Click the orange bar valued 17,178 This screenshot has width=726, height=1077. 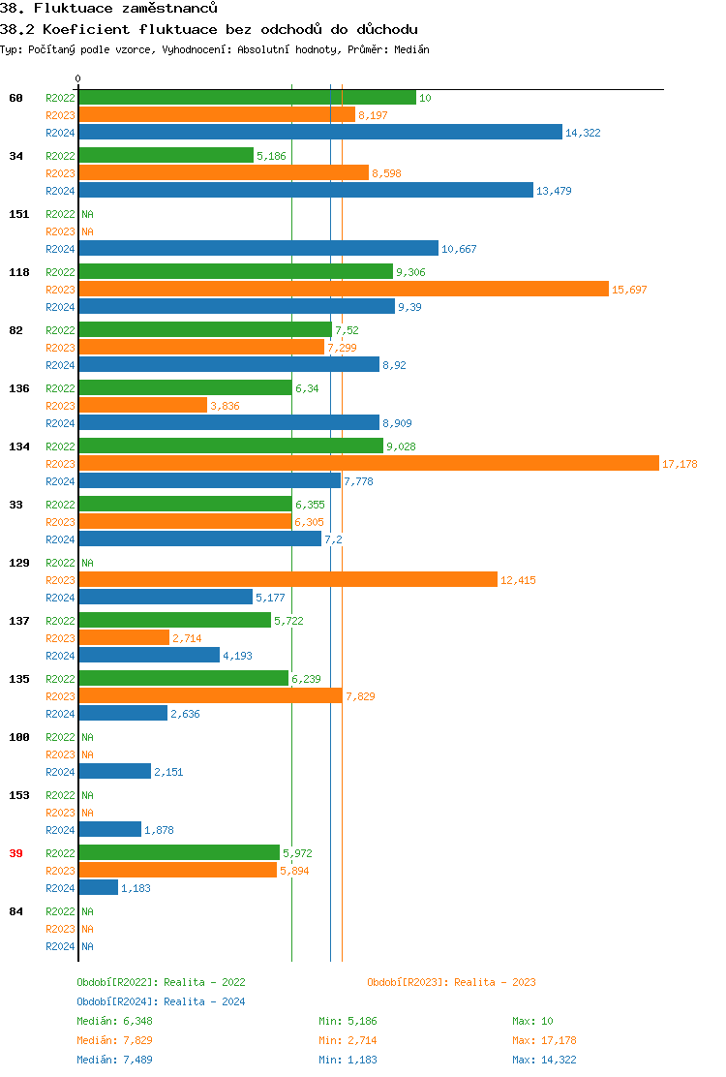tap(368, 464)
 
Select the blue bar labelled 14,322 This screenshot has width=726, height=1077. tap(319, 133)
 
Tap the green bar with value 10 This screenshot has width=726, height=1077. tap(247, 98)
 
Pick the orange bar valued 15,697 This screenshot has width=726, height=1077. tap(344, 290)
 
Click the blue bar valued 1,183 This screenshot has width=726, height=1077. tap(98, 888)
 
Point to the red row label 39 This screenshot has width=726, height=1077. tap(15, 853)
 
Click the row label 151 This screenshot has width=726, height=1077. tap(18, 214)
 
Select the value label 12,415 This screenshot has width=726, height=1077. tap(518, 580)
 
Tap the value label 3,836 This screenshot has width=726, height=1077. tap(225, 406)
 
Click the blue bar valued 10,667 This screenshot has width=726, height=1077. tap(257, 249)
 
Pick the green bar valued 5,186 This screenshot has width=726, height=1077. tap(166, 156)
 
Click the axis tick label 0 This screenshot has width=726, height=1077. tap(78, 79)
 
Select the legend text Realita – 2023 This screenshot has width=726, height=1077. tap(494, 982)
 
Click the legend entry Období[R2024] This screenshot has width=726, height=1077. tap(117, 1001)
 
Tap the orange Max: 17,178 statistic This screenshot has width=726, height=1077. tap(546, 1040)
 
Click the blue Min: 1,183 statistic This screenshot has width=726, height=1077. tap(350, 1060)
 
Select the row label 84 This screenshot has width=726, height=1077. tap(15, 911)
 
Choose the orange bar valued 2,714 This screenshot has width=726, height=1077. tap(124, 638)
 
